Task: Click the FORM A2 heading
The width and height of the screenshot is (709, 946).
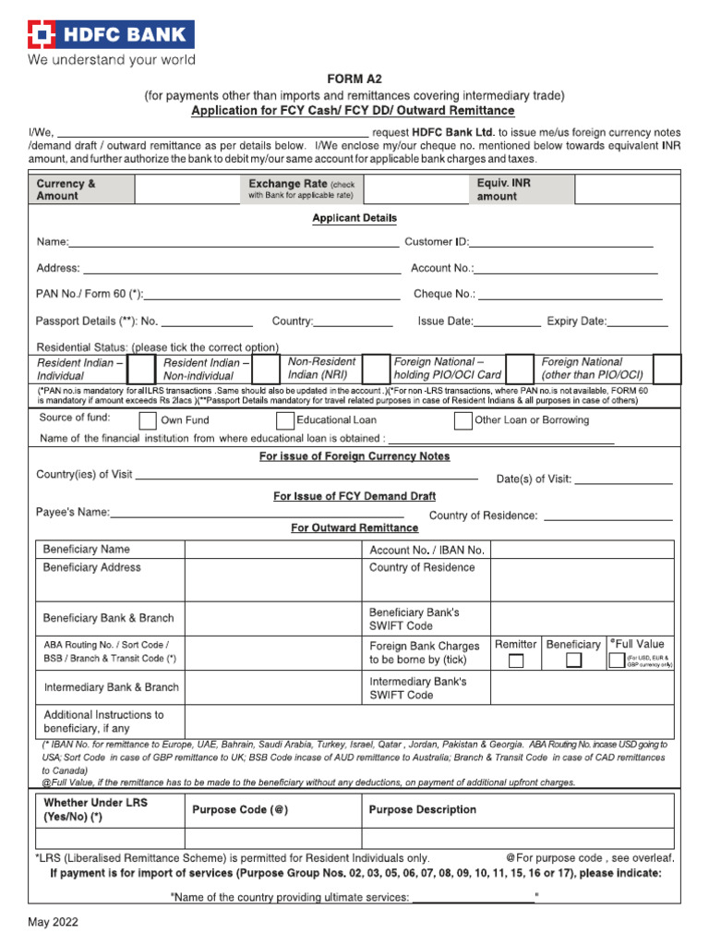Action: pos(354,79)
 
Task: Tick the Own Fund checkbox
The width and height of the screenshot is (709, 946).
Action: pos(147,421)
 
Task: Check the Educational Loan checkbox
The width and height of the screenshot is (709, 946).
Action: pos(282,421)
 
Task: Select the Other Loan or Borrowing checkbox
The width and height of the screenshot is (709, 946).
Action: pos(463,421)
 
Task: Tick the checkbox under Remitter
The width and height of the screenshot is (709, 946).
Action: pos(516,661)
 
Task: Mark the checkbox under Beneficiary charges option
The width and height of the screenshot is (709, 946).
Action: pos(573,661)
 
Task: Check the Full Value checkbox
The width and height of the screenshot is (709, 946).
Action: pos(616,661)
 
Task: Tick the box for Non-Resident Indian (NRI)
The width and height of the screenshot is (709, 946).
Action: pos(376,369)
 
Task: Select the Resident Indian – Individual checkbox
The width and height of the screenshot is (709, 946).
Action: pos(140,369)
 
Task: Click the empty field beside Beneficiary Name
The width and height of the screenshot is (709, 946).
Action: pos(272,550)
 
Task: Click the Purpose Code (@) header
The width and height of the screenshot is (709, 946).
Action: pos(240,810)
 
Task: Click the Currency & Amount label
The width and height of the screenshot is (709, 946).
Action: pos(66,189)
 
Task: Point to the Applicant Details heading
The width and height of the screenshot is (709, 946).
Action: pos(354,218)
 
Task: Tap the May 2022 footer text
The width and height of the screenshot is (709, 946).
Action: pos(53,922)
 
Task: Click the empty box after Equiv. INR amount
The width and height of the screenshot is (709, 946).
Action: pos(627,189)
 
